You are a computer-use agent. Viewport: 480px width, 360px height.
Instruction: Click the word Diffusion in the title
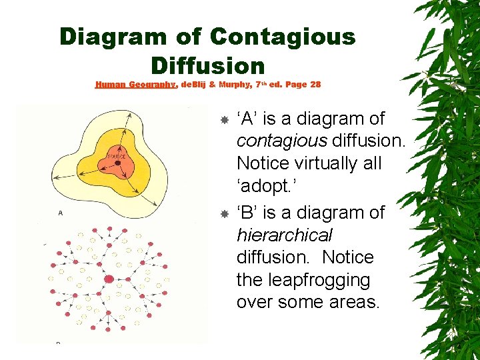click(x=208, y=65)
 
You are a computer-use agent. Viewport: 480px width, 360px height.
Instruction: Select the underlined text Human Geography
click(x=135, y=85)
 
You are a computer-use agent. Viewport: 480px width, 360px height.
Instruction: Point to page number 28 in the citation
click(x=315, y=85)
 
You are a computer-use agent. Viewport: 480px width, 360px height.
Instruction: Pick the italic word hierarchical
click(x=284, y=235)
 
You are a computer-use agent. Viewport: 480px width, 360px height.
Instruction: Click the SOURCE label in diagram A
click(x=116, y=156)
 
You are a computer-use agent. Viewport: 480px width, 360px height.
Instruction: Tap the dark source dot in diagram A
click(x=118, y=163)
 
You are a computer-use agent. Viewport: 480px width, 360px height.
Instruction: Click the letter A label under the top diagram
click(x=61, y=213)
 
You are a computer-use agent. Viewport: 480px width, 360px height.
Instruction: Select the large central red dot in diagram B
click(x=109, y=279)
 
